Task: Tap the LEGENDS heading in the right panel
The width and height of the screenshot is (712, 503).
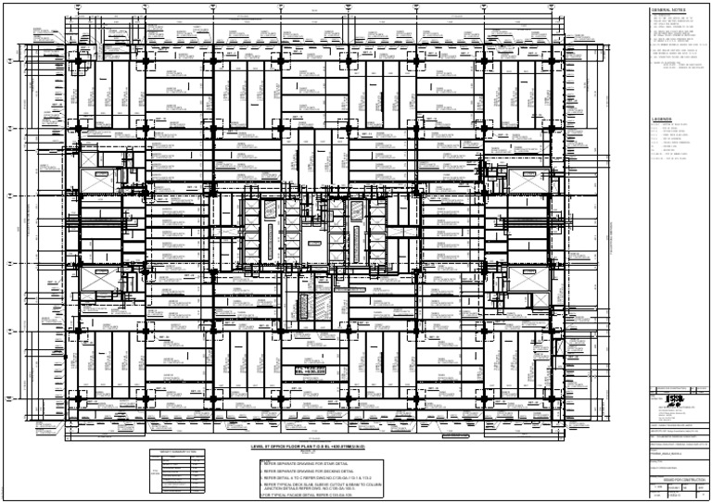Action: point(664,119)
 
